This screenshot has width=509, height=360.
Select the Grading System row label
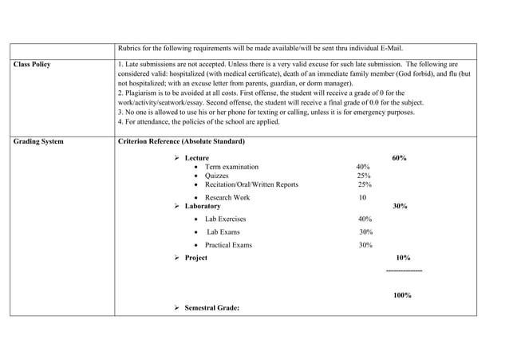pos(38,141)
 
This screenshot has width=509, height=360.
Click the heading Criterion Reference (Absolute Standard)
pos(181,141)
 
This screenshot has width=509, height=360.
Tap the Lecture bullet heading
pos(197,158)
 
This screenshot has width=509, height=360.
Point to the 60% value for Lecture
pos(400,158)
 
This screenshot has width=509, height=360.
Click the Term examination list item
pos(231,167)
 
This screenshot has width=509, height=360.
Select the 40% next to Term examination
pos(363,167)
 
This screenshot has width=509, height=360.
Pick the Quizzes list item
pos(217,176)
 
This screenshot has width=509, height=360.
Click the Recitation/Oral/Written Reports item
pos(251,184)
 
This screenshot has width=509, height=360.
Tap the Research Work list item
pos(227,197)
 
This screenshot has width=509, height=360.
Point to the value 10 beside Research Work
pos(362,197)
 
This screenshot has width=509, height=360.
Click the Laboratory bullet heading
pos(203,206)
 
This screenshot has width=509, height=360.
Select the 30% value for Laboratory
pos(400,206)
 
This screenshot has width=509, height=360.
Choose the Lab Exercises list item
pos(226,219)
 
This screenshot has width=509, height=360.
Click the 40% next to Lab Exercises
pos(365,219)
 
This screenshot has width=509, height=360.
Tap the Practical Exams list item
pos(228,245)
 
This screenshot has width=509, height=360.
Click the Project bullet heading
pos(196,258)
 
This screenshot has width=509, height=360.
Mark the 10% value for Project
pos(403,258)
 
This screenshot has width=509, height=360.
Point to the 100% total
pos(402,295)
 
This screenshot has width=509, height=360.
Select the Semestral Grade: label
pos(211,308)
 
